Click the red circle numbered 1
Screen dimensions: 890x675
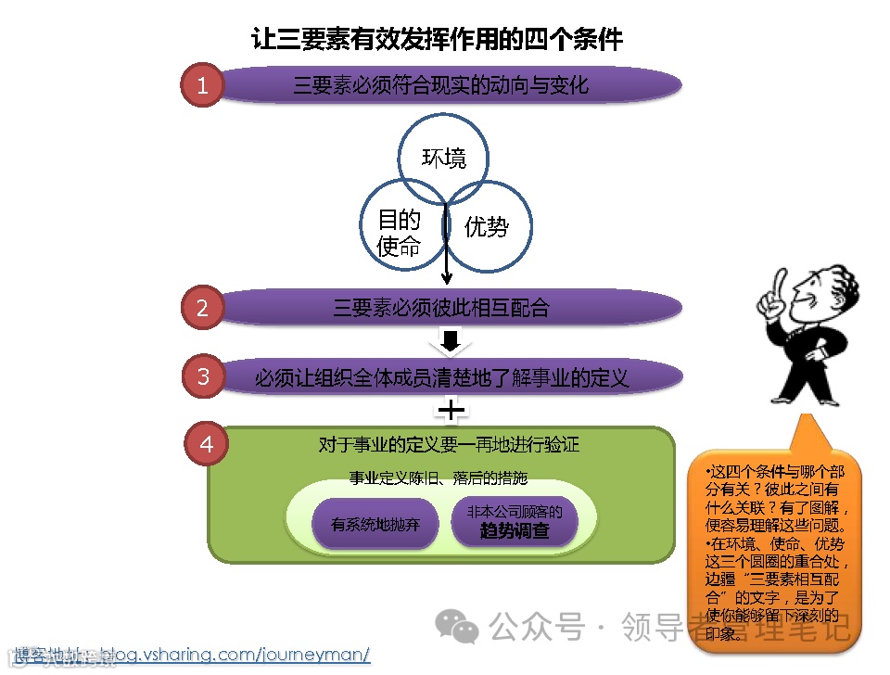[x=203, y=86]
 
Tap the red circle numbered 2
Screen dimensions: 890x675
[x=203, y=308]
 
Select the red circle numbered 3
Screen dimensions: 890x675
[x=203, y=377]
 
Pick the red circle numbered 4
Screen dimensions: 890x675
[x=207, y=444]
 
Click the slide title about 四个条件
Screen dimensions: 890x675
[x=438, y=39]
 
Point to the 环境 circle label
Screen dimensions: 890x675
[x=444, y=159]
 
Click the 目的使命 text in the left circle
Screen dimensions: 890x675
[x=399, y=233]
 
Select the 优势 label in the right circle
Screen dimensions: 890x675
[x=487, y=226]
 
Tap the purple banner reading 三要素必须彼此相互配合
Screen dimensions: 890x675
[x=441, y=308]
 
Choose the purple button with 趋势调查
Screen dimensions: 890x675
[x=515, y=523]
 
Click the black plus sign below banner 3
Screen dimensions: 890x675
[x=451, y=409]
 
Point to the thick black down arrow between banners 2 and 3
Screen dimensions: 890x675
[x=451, y=342]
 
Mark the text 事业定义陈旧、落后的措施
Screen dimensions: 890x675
[x=438, y=478]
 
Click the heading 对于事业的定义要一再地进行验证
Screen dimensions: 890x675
[x=448, y=445]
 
